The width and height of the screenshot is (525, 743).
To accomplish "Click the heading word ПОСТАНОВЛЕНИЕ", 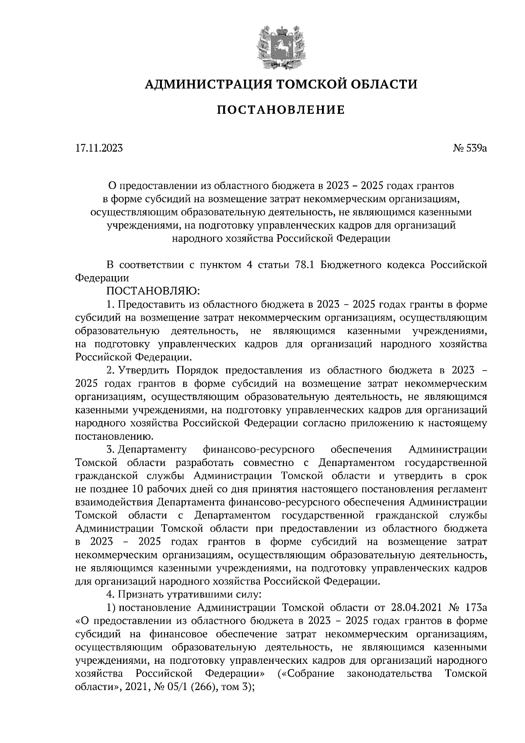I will [280, 110].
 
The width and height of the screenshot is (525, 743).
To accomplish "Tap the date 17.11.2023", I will [99, 148].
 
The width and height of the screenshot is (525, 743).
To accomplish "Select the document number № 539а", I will [470, 148].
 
